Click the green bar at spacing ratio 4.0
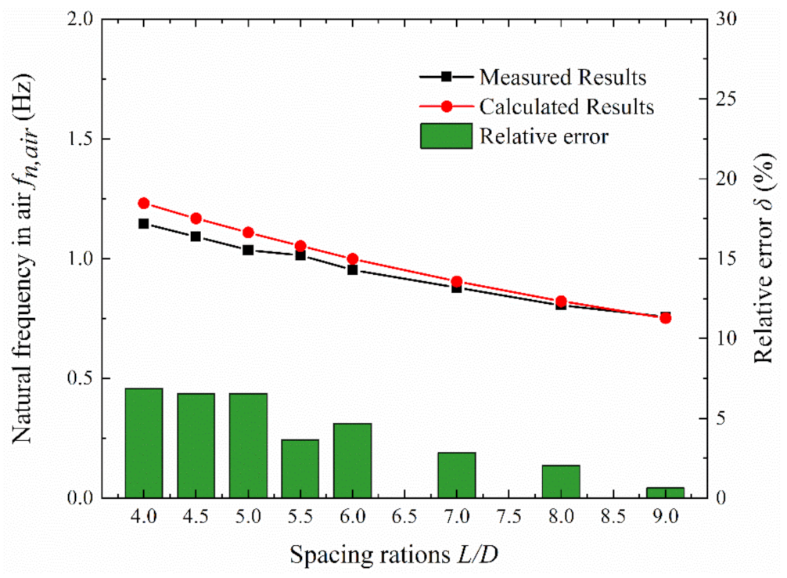pos(144,443)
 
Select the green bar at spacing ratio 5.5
pos(300,468)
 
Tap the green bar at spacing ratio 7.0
pos(456,475)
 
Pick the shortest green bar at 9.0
pos(665,493)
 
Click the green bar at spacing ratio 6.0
pos(352,461)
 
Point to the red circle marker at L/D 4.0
pos(144,204)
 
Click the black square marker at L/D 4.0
pos(144,224)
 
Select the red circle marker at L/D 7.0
pos(456,282)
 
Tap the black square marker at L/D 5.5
pos(300,255)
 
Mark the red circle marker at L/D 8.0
pos(561,302)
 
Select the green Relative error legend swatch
pos(447,135)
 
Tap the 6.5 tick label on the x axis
pos(404,517)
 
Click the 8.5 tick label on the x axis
pos(613,517)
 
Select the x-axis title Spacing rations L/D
pos(395,555)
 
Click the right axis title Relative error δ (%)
pos(763,258)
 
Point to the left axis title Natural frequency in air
pos(23,258)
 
